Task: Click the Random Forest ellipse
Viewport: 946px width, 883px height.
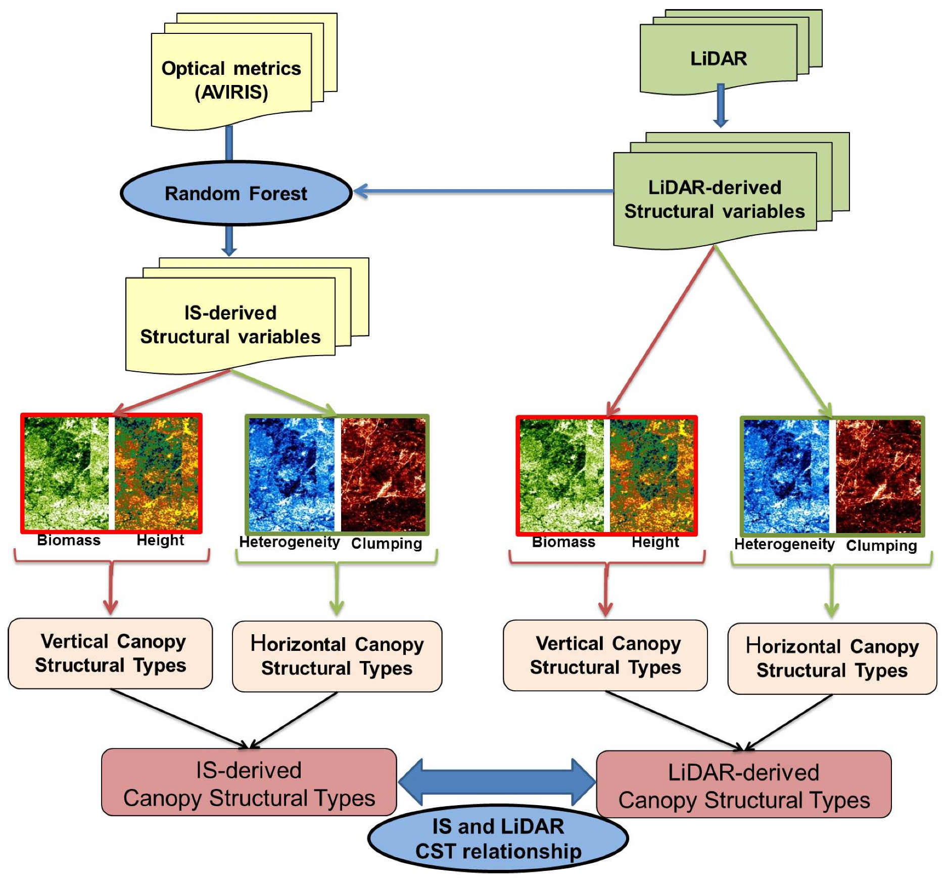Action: [x=236, y=193]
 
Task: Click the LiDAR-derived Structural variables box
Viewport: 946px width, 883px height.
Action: [x=714, y=199]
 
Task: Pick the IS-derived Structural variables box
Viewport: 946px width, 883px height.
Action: [x=230, y=324]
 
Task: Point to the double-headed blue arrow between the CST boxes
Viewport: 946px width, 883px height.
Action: [x=497, y=782]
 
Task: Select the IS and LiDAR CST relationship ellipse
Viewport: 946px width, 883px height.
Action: [x=498, y=839]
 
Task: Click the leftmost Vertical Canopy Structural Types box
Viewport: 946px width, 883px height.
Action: [x=110, y=653]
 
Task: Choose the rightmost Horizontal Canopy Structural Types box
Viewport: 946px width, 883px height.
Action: [x=832, y=658]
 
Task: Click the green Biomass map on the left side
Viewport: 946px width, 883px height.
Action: [x=66, y=473]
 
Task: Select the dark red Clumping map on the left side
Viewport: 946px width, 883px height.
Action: [x=384, y=474]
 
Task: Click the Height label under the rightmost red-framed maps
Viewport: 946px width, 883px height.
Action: [x=655, y=542]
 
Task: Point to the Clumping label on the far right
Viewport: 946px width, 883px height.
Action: [x=881, y=546]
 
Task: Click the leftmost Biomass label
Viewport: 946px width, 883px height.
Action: [x=69, y=540]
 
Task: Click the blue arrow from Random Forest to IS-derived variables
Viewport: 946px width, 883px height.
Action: [x=229, y=240]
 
